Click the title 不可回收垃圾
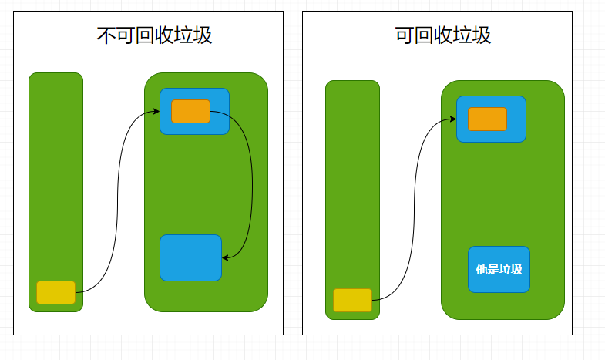154,35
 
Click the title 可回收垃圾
442,35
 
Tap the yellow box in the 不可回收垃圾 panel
55,292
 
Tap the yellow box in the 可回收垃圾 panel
352,300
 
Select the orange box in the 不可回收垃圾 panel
190,111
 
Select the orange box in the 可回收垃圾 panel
487,119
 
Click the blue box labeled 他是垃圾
499,269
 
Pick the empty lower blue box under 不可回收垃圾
190,257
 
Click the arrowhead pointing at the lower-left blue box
224,257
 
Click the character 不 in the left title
106,35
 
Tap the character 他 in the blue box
481,270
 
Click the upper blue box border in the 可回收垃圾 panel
491,97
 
